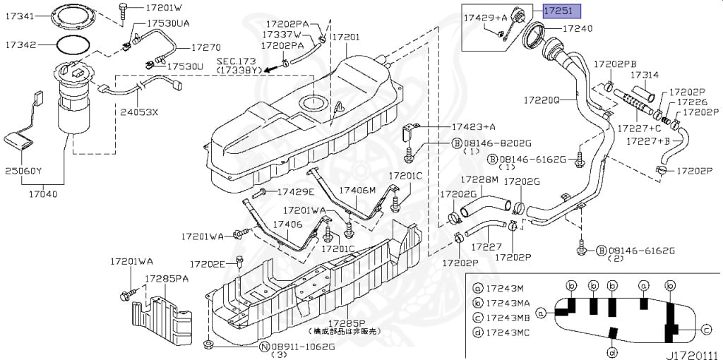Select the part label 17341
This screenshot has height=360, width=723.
click(x=19, y=13)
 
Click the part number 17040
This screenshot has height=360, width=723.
click(x=42, y=192)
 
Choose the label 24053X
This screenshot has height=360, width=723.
click(x=139, y=112)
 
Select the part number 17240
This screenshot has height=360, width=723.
click(x=578, y=29)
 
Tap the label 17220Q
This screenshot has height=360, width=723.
click(x=542, y=101)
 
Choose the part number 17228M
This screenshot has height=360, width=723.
click(x=480, y=180)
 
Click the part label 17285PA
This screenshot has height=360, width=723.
click(x=167, y=278)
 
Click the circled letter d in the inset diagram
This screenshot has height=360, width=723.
click(x=611, y=352)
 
